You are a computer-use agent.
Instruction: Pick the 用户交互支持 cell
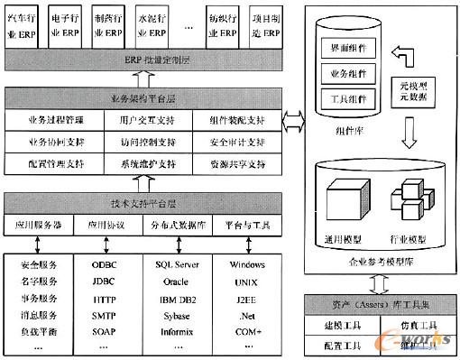pos(145,119)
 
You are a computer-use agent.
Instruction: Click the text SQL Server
pos(177,265)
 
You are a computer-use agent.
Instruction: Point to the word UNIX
pos(244,282)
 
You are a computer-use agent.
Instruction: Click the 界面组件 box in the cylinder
pos(346,46)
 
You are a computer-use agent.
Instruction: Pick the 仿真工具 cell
pos(416,324)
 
